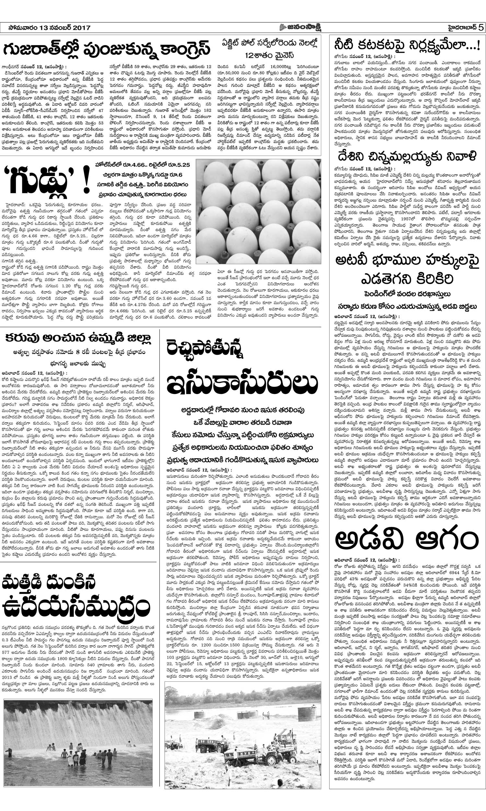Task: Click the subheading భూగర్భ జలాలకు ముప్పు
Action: [78, 364]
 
